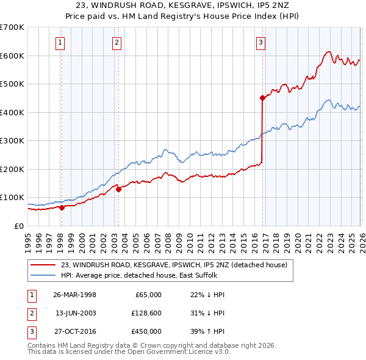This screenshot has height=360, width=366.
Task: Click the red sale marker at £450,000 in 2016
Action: [262, 98]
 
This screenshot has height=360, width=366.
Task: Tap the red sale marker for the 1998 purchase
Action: [62, 207]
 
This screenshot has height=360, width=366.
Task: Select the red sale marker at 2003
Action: [118, 189]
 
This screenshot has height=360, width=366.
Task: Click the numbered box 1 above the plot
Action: [61, 43]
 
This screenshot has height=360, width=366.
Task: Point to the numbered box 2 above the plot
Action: [117, 43]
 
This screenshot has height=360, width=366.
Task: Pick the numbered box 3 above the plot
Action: [260, 43]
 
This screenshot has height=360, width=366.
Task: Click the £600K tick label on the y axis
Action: [12, 56]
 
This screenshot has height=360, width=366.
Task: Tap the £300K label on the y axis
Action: [12, 141]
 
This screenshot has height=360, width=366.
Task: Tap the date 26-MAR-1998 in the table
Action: [74, 295]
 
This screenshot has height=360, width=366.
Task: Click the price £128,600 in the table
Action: [147, 313]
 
